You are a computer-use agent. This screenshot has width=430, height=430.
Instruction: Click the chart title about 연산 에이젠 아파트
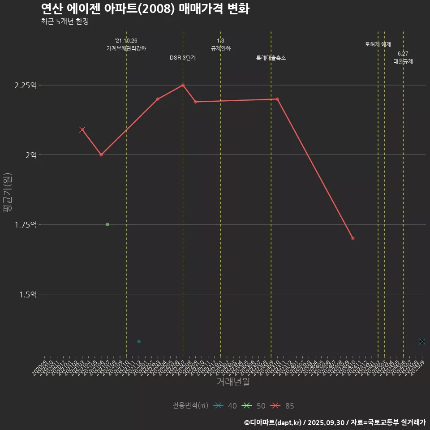click(145, 9)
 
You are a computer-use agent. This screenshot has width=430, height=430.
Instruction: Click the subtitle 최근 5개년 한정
click(64, 21)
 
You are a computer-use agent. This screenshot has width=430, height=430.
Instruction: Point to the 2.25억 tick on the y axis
click(26, 85)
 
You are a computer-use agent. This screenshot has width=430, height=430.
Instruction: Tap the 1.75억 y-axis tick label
click(26, 224)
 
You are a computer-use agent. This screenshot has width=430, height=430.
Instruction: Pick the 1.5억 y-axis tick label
click(28, 294)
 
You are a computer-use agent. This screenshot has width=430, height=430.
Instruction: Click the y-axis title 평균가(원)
click(8, 193)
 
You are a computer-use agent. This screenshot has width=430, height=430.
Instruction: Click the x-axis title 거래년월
click(233, 382)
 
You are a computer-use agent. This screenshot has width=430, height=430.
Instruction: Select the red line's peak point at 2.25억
click(183, 85)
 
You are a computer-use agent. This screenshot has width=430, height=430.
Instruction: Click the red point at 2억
click(101, 155)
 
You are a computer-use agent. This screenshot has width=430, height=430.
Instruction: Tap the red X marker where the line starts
click(82, 130)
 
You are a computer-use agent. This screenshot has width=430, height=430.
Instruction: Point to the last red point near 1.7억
click(353, 238)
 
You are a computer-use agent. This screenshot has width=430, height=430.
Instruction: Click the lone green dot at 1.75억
click(107, 224)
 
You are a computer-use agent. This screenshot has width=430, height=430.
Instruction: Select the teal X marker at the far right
click(422, 341)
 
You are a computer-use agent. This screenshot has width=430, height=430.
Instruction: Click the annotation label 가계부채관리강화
click(126, 48)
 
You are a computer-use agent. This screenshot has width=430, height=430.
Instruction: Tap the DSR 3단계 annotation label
click(183, 58)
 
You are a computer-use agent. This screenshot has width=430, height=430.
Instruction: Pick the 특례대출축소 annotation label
click(271, 58)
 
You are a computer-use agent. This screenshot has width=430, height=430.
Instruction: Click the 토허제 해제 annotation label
click(378, 44)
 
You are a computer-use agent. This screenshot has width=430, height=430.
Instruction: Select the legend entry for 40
click(225, 406)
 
